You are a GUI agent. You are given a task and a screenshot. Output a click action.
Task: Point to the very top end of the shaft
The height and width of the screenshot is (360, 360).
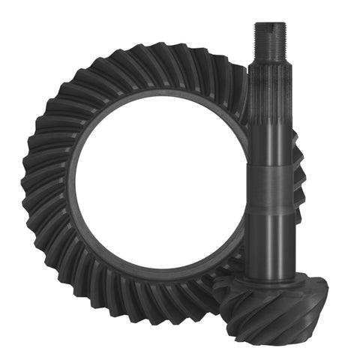[x=269, y=24]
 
